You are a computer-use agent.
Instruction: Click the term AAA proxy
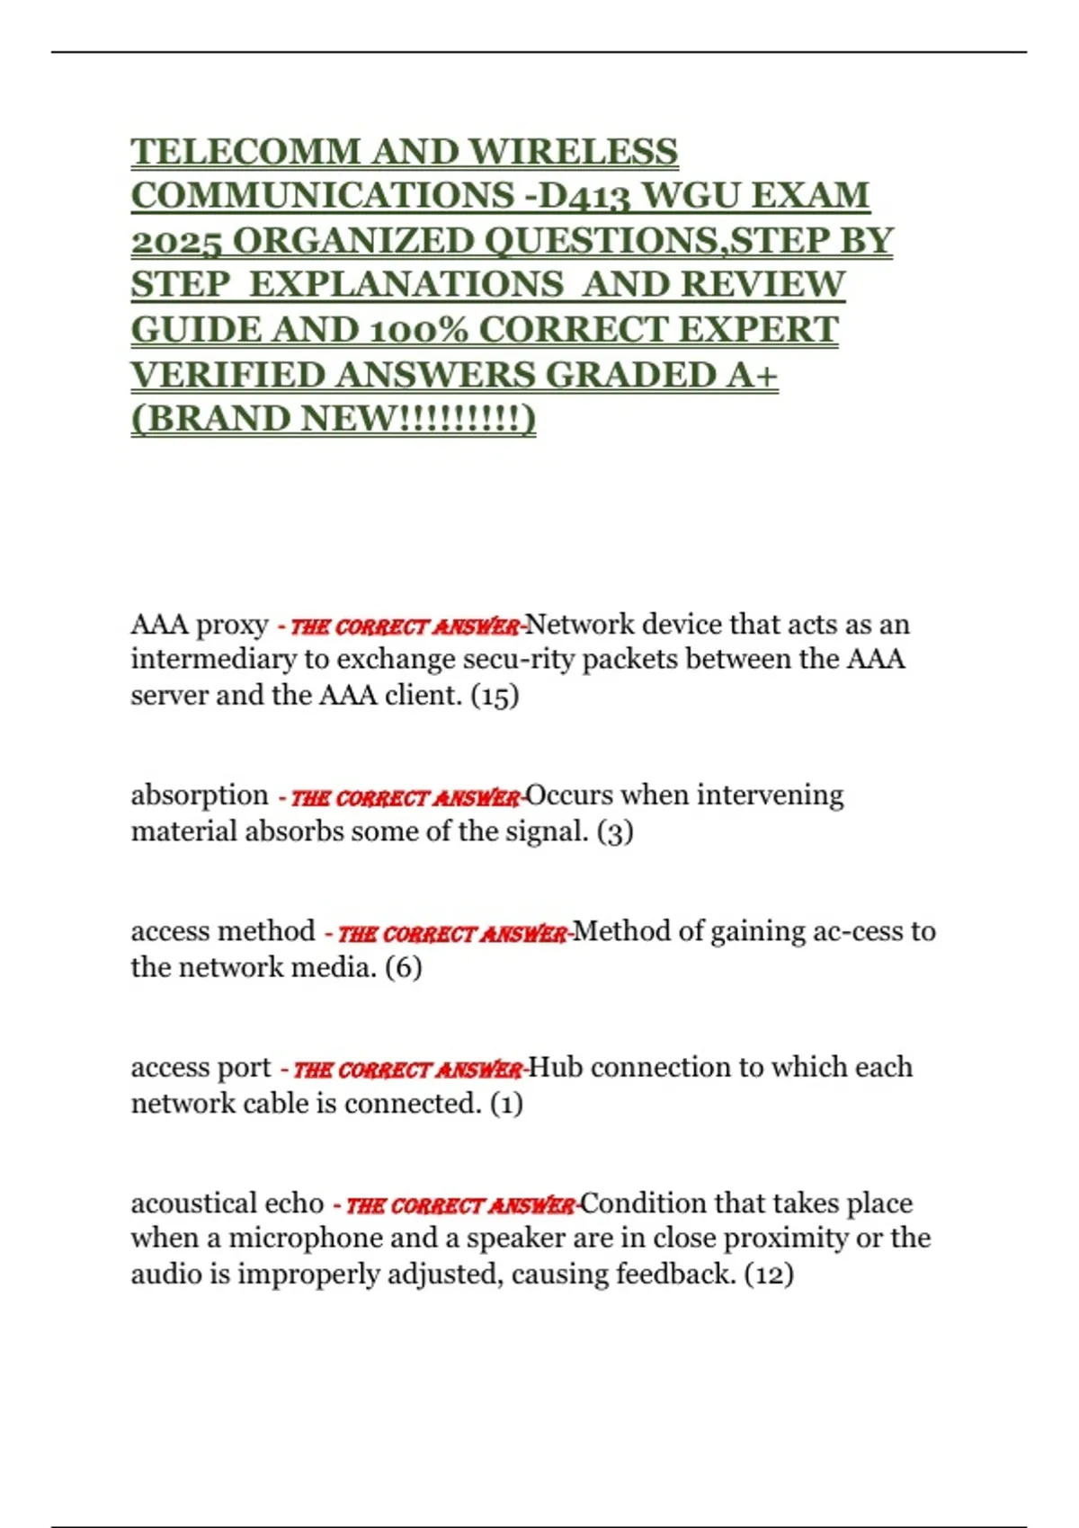(200, 624)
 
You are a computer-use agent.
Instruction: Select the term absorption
(200, 795)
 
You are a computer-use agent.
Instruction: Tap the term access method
(223, 931)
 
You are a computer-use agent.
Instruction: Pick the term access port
(201, 1067)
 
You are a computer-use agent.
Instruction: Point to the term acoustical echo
(227, 1203)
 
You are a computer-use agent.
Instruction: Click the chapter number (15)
(495, 695)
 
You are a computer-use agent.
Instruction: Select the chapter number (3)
(615, 831)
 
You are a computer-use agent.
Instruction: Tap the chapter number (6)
(403, 967)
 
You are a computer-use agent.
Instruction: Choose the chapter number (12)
(769, 1274)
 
